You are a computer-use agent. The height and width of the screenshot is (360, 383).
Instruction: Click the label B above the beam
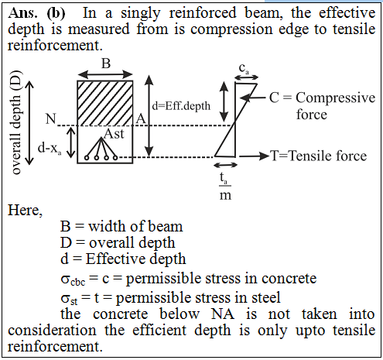[x=106, y=63]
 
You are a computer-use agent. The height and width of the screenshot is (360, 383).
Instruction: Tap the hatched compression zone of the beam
[x=105, y=103]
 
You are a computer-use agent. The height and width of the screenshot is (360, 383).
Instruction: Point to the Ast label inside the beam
[x=114, y=134]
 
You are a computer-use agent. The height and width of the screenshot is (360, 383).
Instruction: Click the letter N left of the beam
[x=51, y=119]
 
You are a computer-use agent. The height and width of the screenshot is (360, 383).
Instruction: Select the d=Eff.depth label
[x=181, y=106]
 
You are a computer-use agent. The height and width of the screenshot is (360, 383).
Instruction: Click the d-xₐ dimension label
[x=50, y=149]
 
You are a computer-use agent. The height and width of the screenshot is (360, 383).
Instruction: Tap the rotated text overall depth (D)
[x=15, y=122]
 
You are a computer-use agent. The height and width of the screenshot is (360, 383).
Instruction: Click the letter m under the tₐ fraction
[x=225, y=196]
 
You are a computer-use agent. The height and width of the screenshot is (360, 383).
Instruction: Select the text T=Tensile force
[x=318, y=156]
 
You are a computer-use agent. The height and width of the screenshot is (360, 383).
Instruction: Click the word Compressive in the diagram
[x=335, y=98]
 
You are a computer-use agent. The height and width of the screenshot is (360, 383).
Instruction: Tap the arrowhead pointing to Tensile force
[x=265, y=156]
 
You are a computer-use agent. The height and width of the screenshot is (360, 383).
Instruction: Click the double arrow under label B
[x=105, y=75]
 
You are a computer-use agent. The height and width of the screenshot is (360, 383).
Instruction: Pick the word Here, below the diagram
[x=25, y=211]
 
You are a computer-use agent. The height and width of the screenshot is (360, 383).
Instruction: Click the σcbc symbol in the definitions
[x=73, y=279]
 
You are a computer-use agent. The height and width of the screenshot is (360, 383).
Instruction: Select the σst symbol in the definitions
[x=69, y=299]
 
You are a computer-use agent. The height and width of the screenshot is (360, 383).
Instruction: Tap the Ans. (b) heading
[x=36, y=13]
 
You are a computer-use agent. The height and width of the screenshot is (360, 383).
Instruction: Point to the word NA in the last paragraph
[x=222, y=314]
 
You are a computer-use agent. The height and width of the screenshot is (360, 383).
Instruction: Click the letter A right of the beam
[x=141, y=119]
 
